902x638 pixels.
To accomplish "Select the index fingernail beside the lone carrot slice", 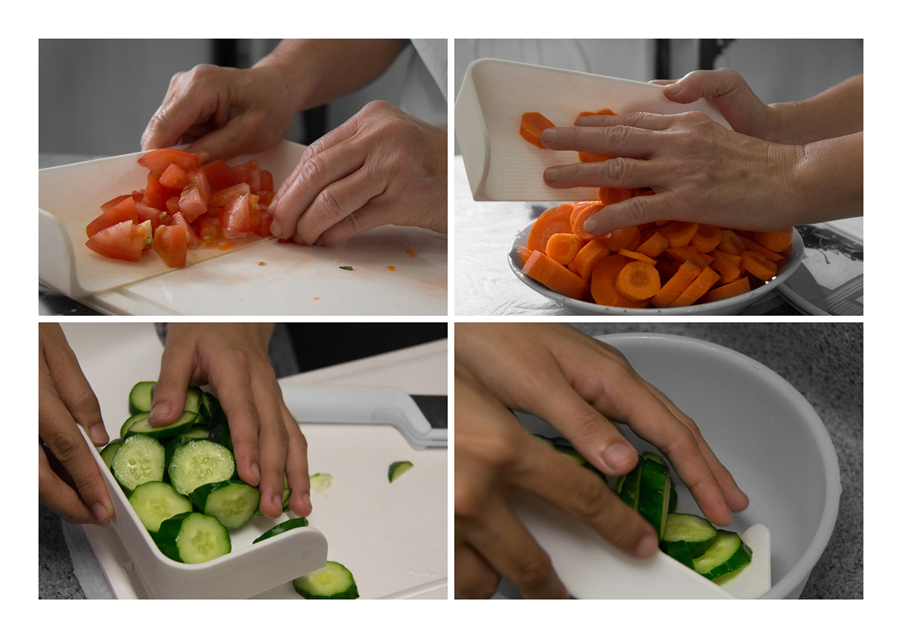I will (549, 136).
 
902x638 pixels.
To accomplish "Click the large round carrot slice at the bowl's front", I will (637, 280).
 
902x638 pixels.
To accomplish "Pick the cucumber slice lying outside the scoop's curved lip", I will (327, 580).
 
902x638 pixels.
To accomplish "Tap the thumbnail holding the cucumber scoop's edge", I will (98, 433).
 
